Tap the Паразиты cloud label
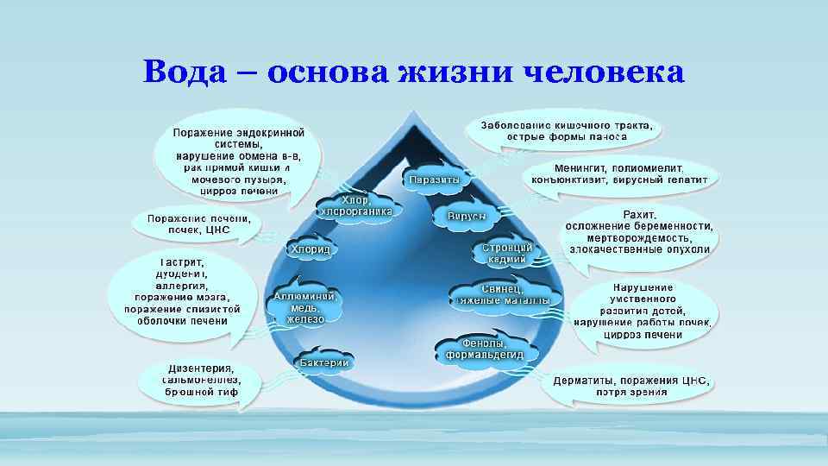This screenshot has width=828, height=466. tap(436, 179)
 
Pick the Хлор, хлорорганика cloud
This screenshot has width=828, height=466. tap(356, 205)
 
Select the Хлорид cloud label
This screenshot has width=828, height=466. tap(311, 249)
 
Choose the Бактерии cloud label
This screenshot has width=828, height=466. tap(324, 363)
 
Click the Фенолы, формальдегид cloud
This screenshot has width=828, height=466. tap(489, 349)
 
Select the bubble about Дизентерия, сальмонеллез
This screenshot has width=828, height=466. tap(201, 380)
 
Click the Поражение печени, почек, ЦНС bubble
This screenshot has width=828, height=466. tap(198, 224)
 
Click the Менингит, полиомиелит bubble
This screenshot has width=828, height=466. tap(620, 174)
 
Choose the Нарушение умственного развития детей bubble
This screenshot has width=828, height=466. tap(643, 311)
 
